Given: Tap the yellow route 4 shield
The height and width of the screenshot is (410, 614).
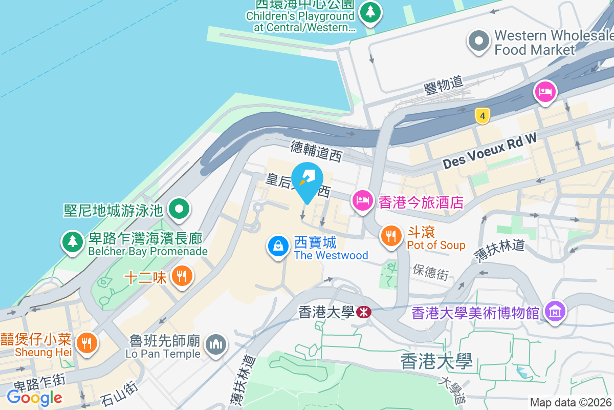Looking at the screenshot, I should coord(482,115).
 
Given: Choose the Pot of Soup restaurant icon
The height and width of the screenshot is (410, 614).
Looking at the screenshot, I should coord(391,236).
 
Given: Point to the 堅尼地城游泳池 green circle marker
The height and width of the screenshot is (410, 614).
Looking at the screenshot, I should coord(180,209).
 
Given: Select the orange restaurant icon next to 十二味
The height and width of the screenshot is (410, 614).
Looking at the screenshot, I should coord(181,277).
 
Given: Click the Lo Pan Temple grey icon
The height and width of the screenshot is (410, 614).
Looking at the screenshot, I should coord(216,345).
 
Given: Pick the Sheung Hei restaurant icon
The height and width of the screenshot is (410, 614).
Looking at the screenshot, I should coord(86,342).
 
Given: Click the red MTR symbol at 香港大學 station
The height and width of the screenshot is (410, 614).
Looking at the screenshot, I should coord(364,312).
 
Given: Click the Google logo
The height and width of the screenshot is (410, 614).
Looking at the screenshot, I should coord(35,397).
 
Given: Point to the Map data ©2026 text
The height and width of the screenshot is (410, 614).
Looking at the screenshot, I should coord(571,403).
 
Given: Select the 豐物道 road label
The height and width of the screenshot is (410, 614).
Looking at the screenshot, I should coord(444,85).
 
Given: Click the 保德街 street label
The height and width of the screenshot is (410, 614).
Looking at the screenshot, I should coord(431,273).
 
